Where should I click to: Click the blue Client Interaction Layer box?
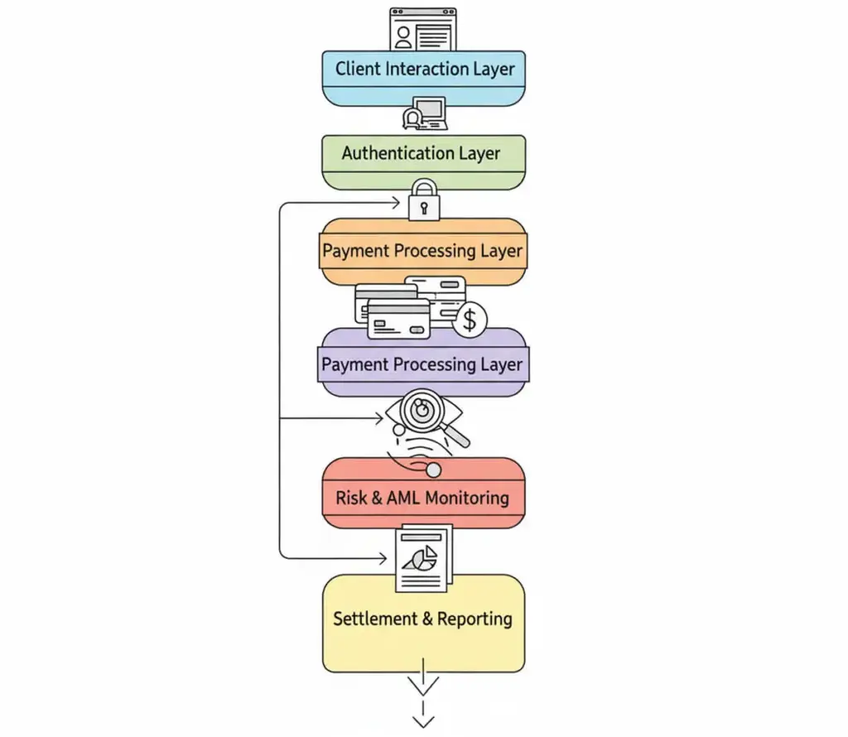click(423, 79)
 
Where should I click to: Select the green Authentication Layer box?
click(423, 162)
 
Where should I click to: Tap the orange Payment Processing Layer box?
click(423, 252)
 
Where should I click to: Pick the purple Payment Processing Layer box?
click(423, 365)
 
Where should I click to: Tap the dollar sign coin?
click(470, 320)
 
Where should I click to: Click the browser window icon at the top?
click(423, 30)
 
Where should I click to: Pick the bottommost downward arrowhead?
click(423, 720)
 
